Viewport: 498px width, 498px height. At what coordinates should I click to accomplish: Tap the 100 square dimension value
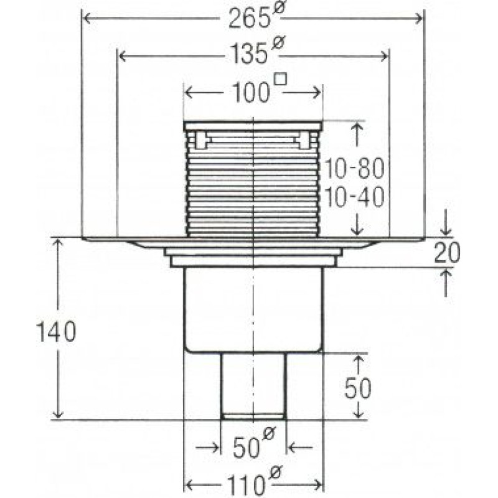coord(251,92)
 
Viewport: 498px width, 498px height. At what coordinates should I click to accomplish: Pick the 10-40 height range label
coord(354,197)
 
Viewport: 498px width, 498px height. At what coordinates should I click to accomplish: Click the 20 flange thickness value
coord(446,253)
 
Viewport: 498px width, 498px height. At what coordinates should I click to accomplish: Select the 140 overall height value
coord(56,332)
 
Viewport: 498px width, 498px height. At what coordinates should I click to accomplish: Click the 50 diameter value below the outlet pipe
coord(246,448)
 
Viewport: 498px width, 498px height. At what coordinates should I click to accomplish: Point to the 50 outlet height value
coord(358,388)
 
